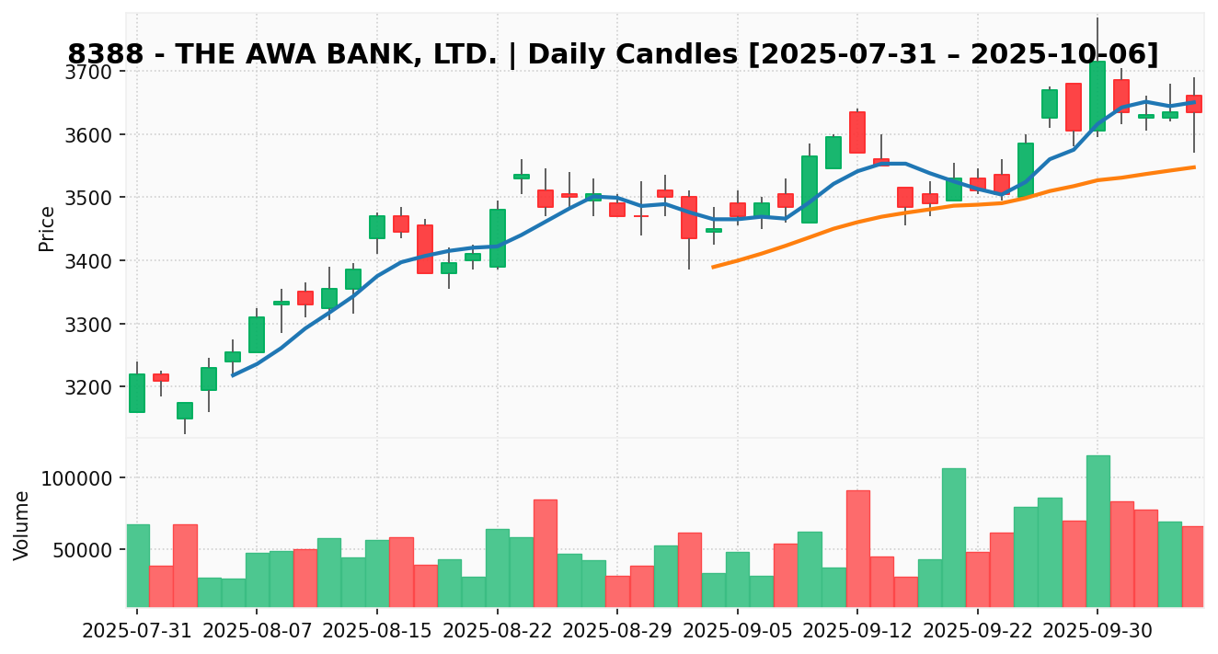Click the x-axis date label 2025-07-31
pyautogui.click(x=137, y=632)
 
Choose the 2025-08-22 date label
pyautogui.click(x=497, y=632)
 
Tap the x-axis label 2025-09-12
pyautogui.click(x=856, y=632)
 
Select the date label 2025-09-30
pyautogui.click(x=1097, y=632)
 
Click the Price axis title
pyautogui.click(x=47, y=228)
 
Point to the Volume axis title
pyautogui.click(x=22, y=524)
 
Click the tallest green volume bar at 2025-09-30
pyautogui.click(x=1097, y=531)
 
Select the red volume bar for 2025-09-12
pyautogui.click(x=857, y=548)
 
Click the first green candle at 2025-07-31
pyautogui.click(x=137, y=393)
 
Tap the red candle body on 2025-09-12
pyautogui.click(x=857, y=132)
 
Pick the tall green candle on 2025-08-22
pyautogui.click(x=497, y=238)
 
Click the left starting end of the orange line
pyautogui.click(x=713, y=267)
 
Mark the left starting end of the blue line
pyautogui.click(x=233, y=375)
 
